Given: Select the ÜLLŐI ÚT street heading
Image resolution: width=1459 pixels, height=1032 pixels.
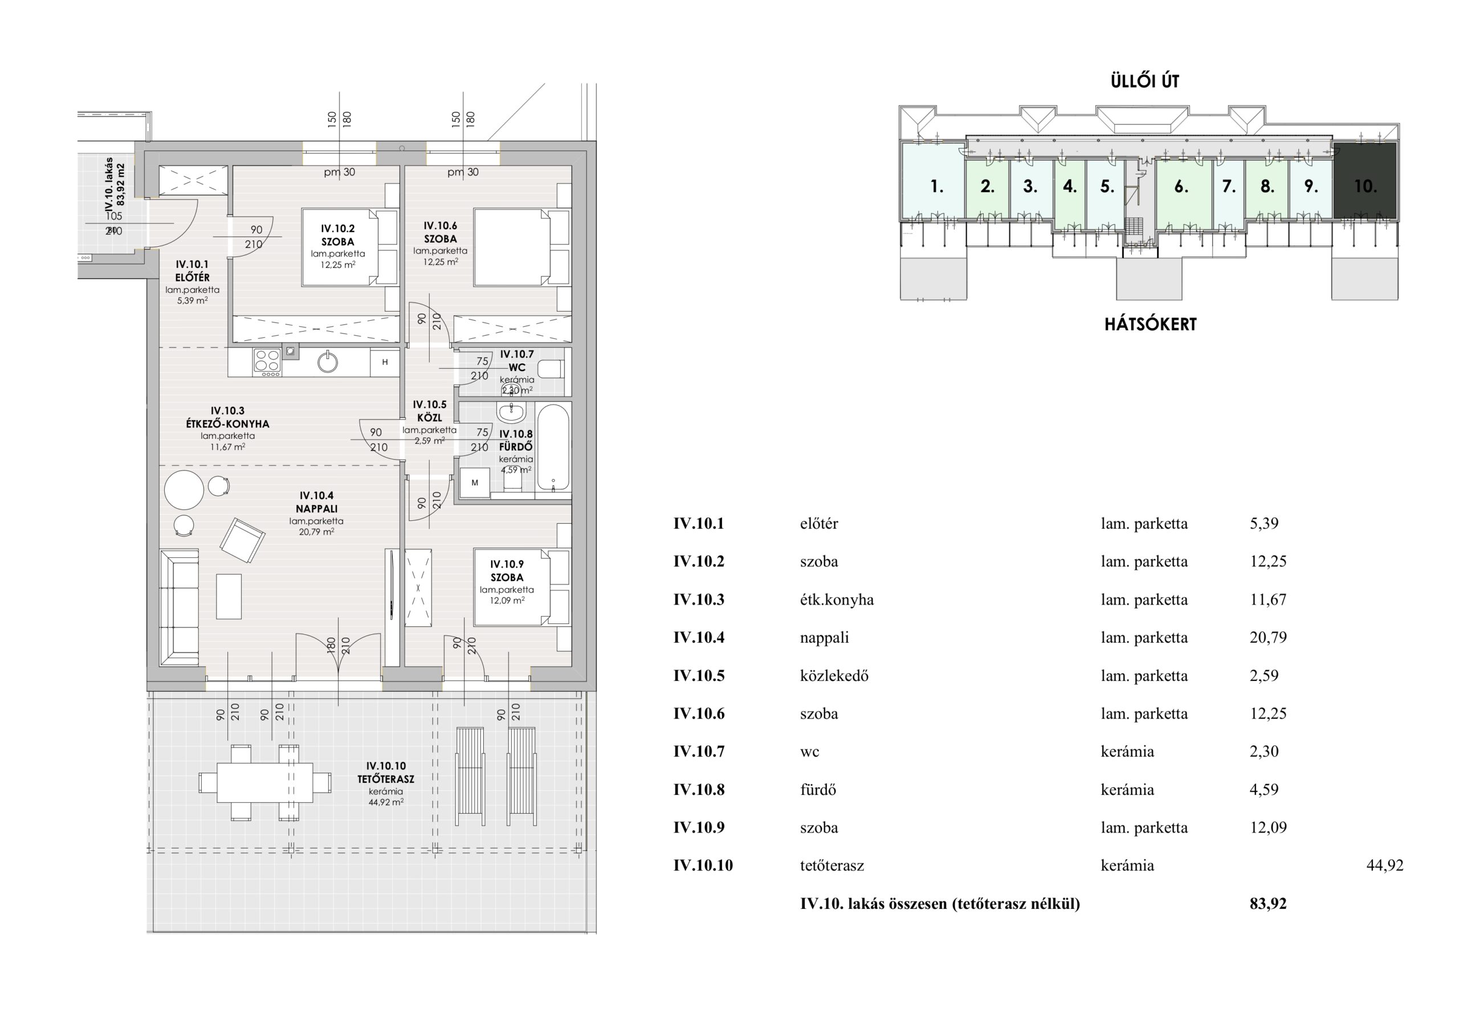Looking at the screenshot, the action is coord(1145,81).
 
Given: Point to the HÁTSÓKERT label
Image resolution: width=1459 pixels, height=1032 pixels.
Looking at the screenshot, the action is coord(1150,324).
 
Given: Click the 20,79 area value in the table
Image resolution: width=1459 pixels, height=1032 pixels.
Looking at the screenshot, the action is coord(1268,637).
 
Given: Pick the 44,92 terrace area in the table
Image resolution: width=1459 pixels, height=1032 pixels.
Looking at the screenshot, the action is coord(1385,866).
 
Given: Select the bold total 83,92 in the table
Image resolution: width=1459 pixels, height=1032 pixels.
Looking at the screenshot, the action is coord(1268,903).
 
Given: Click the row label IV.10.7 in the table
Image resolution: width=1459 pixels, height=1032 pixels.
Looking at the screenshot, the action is coord(698,751).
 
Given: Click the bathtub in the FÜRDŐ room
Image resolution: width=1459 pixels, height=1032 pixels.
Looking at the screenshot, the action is coord(553,447).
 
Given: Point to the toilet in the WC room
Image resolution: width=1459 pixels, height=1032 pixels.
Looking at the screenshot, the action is coord(551,369).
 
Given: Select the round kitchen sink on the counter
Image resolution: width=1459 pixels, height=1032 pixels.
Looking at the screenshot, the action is coord(327,362).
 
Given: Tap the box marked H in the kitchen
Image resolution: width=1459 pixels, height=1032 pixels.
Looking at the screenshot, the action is coord(385,362).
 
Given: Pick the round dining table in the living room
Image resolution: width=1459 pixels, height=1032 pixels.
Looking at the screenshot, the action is coord(184,490).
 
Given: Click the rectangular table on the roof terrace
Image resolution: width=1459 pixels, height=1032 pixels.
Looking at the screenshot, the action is coord(265,782).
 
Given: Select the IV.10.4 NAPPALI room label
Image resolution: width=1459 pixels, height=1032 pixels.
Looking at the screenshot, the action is coord(316,502).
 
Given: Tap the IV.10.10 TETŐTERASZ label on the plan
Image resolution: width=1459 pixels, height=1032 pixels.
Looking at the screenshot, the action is coord(386,773).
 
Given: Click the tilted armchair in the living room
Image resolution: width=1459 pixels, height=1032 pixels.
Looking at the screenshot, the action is coord(243,540).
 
